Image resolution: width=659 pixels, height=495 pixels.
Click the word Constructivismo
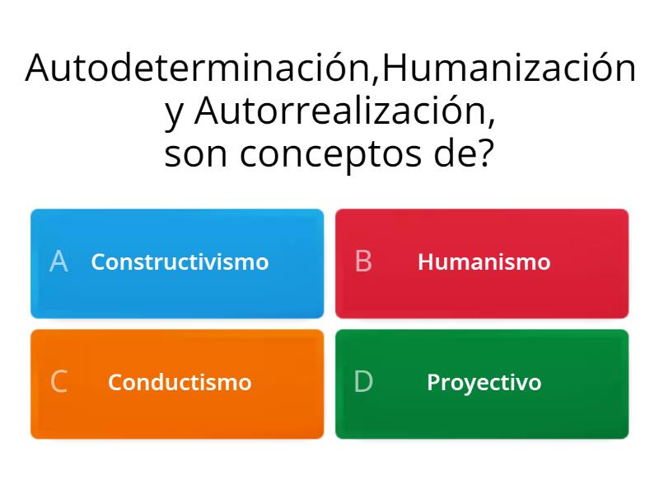tap(180, 262)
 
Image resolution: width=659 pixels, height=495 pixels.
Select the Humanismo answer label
tap(484, 262)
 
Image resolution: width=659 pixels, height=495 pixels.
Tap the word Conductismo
tap(180, 383)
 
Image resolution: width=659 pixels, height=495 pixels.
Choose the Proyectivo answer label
tap(484, 383)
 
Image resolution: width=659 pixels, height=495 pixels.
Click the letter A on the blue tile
tap(58, 262)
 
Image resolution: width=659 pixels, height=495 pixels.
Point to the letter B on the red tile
tap(363, 262)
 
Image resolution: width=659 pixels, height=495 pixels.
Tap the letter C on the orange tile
tap(58, 383)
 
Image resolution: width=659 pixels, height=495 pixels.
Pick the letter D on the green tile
tap(363, 383)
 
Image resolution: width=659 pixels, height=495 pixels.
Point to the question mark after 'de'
tap(487, 153)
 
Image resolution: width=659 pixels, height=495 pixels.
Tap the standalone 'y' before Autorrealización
tap(175, 115)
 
